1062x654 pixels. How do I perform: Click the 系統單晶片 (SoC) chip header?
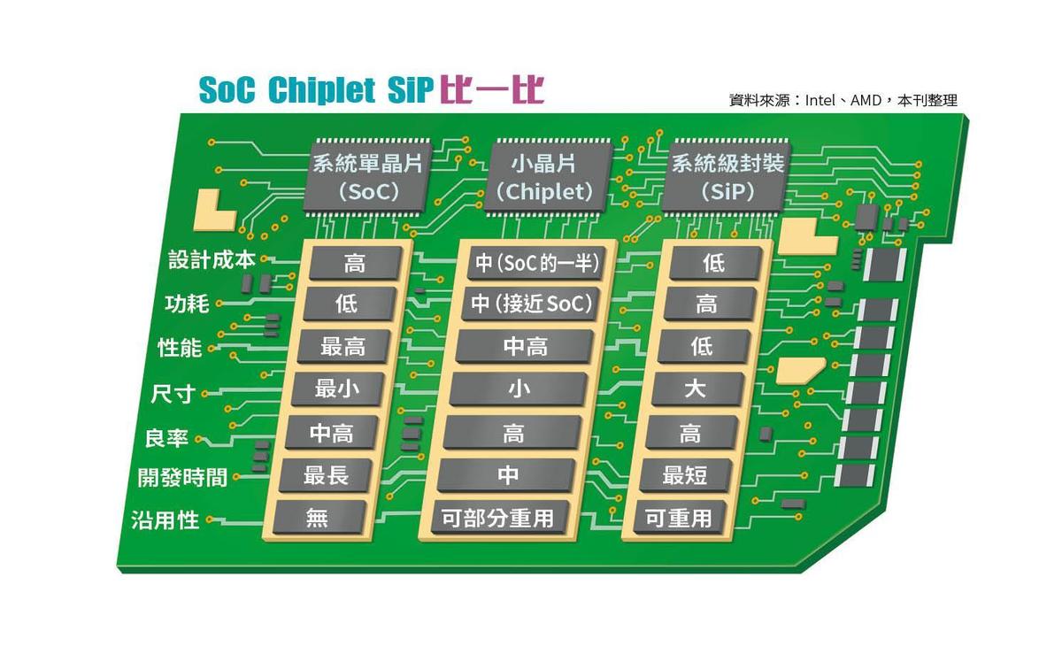click(x=367, y=177)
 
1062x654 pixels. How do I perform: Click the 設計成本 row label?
click(x=212, y=260)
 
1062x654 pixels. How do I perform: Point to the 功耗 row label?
click(x=187, y=304)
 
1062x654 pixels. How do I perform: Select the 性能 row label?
click(x=180, y=348)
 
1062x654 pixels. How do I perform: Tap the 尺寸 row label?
click(x=173, y=394)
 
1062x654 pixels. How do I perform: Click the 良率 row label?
click(x=166, y=438)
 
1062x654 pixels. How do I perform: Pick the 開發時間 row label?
click(x=182, y=478)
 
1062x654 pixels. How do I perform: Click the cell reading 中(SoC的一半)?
click(x=536, y=263)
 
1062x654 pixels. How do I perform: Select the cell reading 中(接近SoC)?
click(x=531, y=304)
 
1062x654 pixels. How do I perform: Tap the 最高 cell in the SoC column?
click(x=343, y=346)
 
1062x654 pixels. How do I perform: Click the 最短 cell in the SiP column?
click(x=685, y=474)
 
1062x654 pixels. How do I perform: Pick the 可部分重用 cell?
click(x=497, y=518)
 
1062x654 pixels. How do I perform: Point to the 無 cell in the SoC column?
click(x=318, y=518)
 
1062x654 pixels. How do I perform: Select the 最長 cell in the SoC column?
click(x=327, y=474)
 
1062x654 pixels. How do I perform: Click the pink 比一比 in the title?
click(x=492, y=89)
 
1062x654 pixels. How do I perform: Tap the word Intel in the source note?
click(x=820, y=101)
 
